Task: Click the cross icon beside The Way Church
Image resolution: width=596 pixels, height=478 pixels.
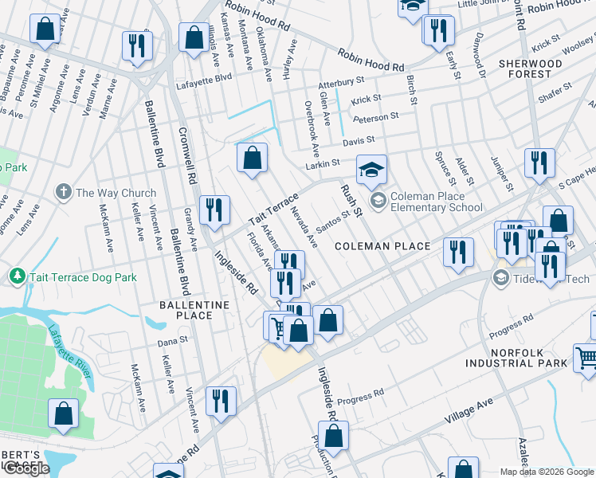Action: [x=64, y=193]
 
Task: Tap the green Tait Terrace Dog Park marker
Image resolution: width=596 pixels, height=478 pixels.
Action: [x=16, y=277]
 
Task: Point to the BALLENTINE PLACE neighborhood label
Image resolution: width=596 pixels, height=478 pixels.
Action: [x=194, y=310]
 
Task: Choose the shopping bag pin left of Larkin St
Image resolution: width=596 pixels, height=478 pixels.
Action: [x=252, y=159]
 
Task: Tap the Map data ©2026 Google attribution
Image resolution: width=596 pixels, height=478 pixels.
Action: [x=546, y=472]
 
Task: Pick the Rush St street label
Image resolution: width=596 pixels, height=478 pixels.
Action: [x=351, y=200]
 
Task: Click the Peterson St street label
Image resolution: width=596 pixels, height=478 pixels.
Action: [x=375, y=117]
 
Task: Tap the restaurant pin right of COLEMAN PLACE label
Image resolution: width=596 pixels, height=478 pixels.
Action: [x=457, y=253]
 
